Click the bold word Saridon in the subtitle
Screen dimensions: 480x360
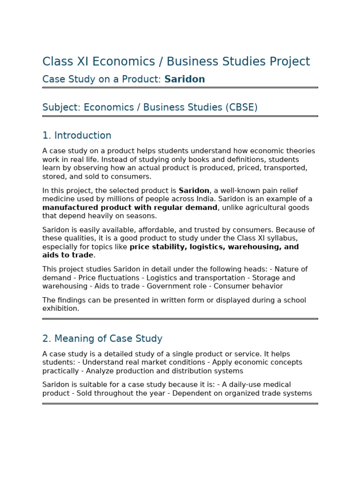coord(185,79)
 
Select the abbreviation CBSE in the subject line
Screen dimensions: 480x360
coord(241,107)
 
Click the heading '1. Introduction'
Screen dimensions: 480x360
coord(77,135)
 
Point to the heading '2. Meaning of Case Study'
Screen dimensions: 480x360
coord(102,338)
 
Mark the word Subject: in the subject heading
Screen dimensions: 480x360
coord(61,107)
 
